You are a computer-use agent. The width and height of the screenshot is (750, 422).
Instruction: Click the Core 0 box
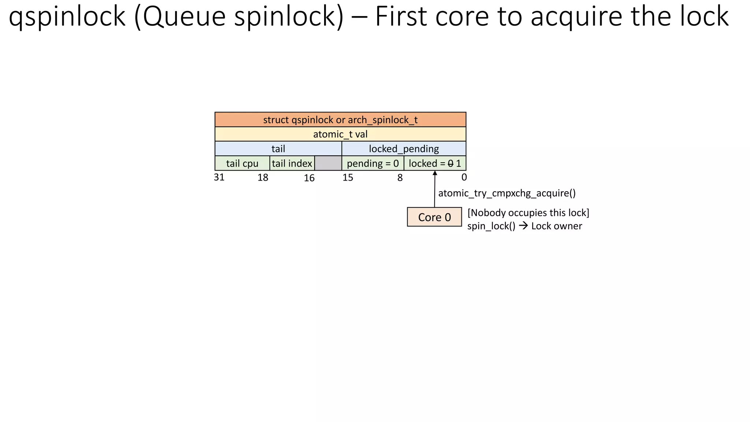coord(434,217)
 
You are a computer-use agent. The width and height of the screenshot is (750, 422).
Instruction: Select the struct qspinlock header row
coord(340,120)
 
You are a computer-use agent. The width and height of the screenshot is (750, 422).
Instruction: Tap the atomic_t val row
coord(340,134)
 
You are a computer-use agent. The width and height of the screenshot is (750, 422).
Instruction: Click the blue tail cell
coord(278,149)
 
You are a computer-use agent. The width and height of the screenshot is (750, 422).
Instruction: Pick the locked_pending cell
coord(404,149)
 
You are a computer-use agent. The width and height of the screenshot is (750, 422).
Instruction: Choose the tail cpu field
coord(242,163)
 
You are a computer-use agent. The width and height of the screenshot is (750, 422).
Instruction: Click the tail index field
coord(292,163)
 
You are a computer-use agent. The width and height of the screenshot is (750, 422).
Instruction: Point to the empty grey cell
coord(328,163)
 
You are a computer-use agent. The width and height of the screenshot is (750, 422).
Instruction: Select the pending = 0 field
coord(372,163)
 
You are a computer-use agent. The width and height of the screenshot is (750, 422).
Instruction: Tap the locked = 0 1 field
coord(435,163)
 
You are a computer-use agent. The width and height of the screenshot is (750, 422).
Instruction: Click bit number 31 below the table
coord(219,177)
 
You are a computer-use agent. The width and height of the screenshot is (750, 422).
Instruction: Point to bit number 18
coord(263,178)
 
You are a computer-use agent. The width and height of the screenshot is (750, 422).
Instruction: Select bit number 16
coord(309,178)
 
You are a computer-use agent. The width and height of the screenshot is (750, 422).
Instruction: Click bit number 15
coord(348,178)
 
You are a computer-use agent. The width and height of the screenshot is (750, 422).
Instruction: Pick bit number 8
coord(400,178)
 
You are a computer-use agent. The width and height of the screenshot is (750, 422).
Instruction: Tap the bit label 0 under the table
coord(464,177)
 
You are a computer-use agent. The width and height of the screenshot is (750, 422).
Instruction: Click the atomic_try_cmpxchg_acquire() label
coord(507,193)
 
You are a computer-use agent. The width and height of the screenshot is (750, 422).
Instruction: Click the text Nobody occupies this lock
coord(528,213)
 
